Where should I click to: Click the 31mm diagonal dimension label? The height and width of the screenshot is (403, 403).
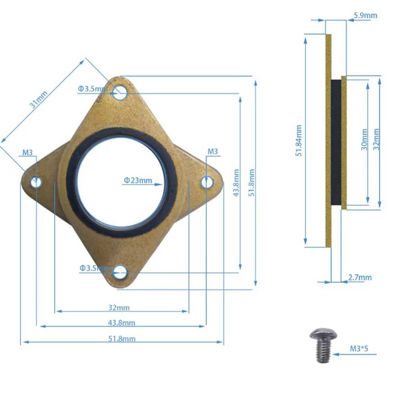point(39,100)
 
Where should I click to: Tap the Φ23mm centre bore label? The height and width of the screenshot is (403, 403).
point(138,180)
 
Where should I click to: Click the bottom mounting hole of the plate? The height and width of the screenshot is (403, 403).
point(120,272)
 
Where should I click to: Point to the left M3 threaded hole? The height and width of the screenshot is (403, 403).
point(36,182)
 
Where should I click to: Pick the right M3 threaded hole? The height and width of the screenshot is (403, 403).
point(207,183)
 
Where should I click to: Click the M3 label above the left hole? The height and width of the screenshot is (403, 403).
point(27,152)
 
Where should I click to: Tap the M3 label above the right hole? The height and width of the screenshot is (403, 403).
point(212,152)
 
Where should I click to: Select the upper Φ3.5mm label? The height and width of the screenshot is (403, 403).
point(93,89)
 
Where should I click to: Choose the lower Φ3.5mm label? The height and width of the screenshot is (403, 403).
point(95,268)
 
